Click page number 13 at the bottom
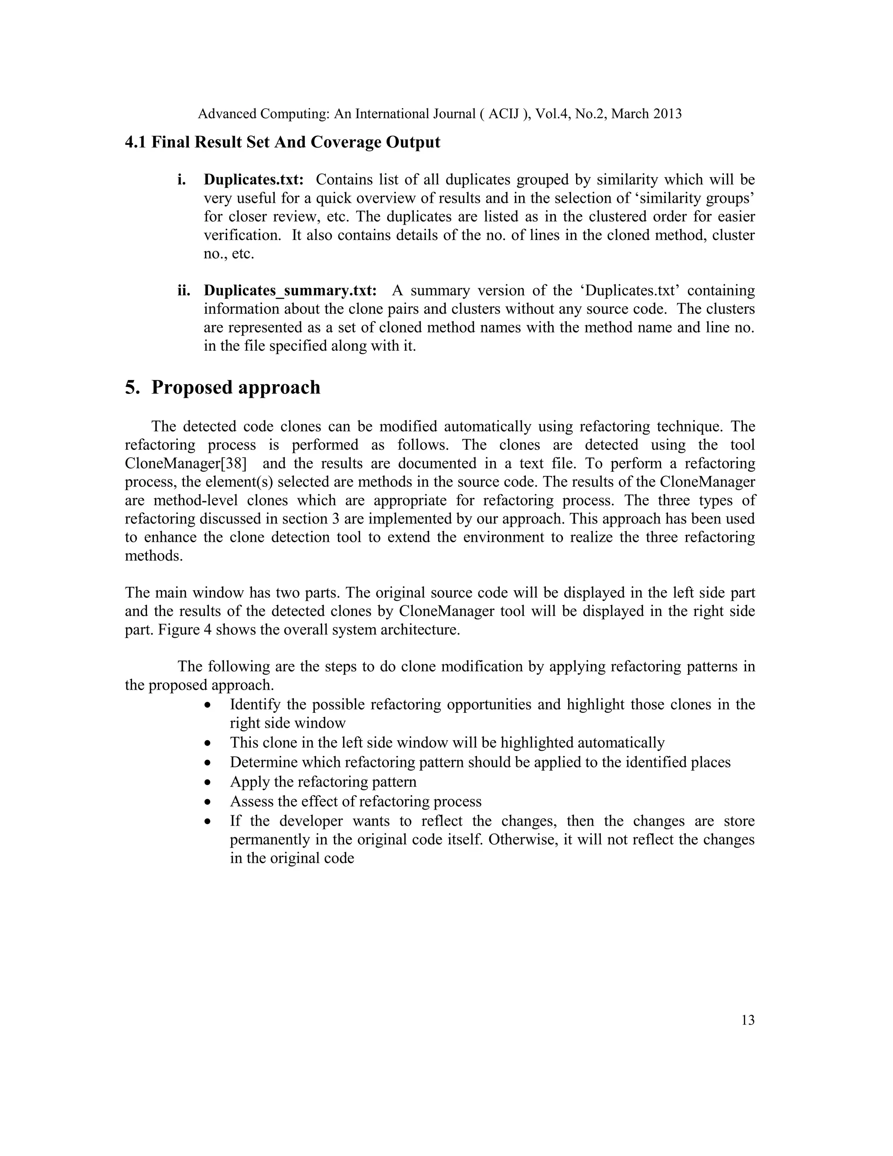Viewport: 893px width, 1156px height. coord(747,1020)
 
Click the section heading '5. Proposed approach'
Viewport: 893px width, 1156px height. coord(222,387)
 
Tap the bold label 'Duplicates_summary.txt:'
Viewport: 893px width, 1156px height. coord(290,291)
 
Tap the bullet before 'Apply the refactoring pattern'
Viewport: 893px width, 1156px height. coord(208,782)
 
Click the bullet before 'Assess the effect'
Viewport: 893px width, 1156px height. coord(208,802)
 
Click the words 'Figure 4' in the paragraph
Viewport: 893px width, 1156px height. coord(179,630)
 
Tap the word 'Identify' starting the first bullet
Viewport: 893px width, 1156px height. coord(254,705)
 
